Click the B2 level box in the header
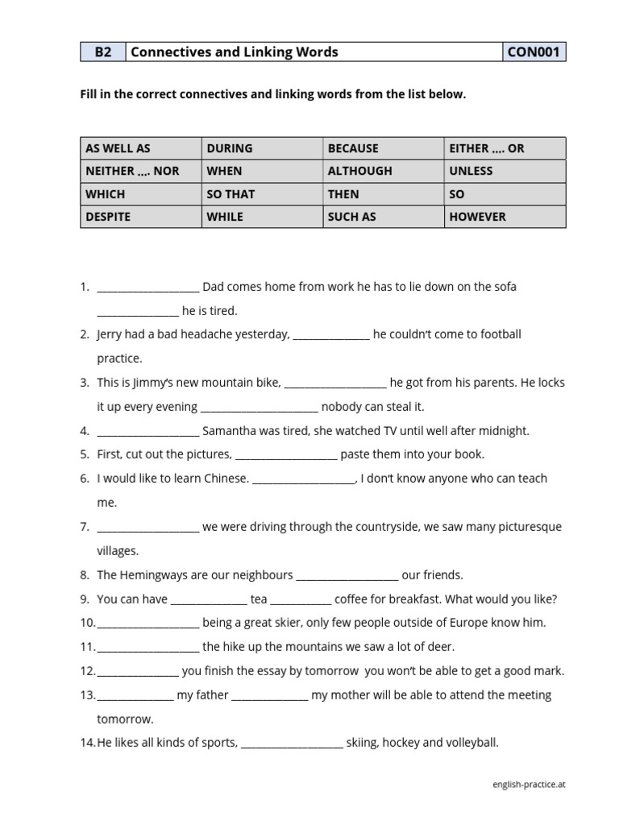[103, 52]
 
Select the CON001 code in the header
[534, 52]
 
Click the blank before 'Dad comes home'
[147, 288]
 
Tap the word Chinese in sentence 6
[224, 479]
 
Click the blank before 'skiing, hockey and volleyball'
[292, 744]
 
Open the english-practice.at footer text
[529, 784]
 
